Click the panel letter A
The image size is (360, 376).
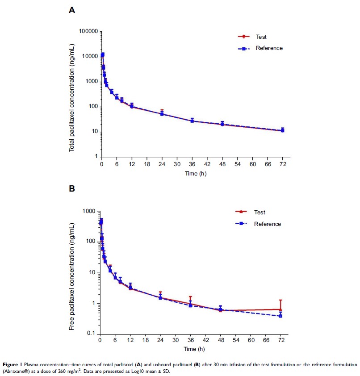point(71,10)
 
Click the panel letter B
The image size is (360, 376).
point(71,189)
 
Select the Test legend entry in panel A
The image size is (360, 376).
point(261,37)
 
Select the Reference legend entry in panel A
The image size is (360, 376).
point(269,48)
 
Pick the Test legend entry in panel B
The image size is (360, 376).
point(260,213)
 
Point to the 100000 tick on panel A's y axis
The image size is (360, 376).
point(88,31)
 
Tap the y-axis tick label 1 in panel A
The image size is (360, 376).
point(96,156)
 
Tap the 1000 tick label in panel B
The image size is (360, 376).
point(91,211)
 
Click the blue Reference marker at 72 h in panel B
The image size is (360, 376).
point(280,316)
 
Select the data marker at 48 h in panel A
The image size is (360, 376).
point(222,124)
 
